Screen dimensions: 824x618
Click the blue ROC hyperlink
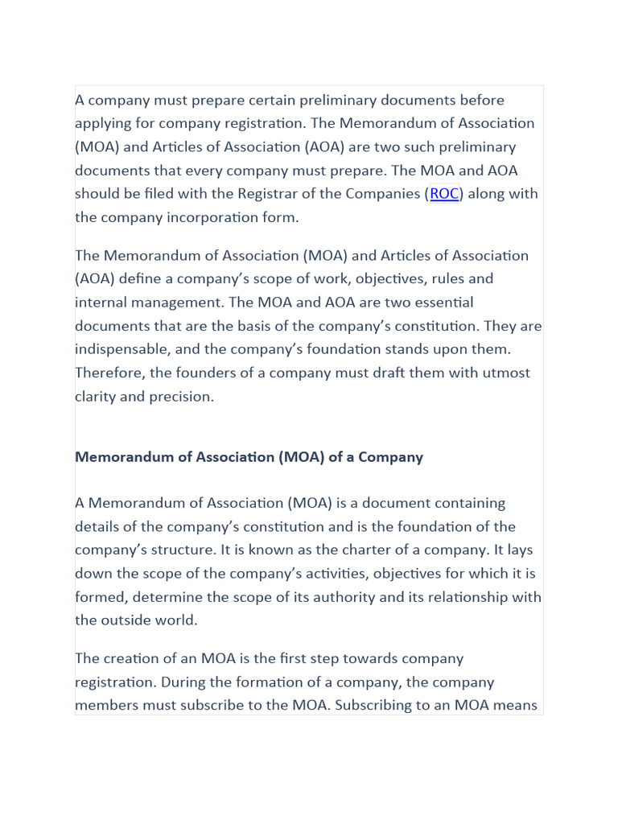point(444,194)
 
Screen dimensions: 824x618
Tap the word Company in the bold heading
point(390,457)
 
